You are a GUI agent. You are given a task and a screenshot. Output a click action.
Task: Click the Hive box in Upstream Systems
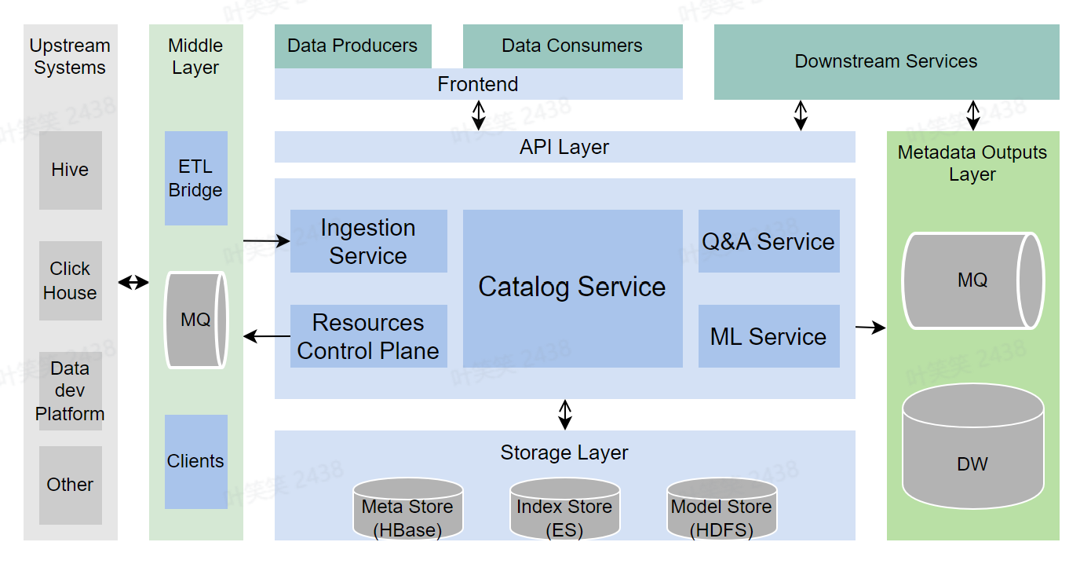coord(70,170)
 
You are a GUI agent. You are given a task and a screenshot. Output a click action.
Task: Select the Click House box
coord(70,280)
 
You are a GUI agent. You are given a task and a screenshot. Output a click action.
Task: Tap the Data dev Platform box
coord(70,390)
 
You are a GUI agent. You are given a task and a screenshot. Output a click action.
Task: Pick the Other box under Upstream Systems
coord(70,485)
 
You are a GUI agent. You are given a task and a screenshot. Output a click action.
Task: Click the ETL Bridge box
coord(195,178)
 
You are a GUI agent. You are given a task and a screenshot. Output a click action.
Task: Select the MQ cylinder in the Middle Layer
coord(195,320)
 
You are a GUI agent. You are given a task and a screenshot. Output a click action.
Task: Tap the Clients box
coord(195,461)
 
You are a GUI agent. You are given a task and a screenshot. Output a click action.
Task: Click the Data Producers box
coord(352,46)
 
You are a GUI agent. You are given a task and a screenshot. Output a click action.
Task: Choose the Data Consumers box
coord(572,46)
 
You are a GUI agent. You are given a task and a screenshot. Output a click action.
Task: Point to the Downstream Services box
coord(886,61)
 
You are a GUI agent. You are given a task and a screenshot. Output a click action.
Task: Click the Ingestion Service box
coord(368,241)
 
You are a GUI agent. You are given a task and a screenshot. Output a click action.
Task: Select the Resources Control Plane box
coord(368,336)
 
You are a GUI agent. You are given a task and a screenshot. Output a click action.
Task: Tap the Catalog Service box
coord(572,287)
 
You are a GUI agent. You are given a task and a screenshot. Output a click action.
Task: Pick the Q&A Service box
coord(768,241)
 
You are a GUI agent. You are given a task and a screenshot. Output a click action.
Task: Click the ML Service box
coord(768,336)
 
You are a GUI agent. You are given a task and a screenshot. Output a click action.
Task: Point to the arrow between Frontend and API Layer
coord(478,115)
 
